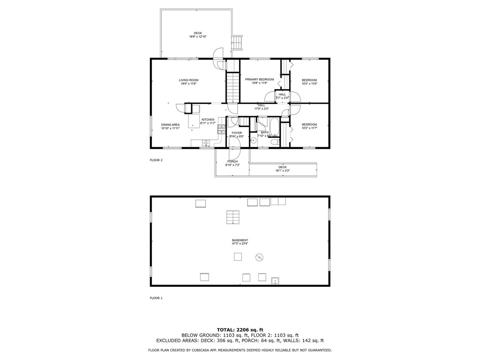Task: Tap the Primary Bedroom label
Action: coord(259,80)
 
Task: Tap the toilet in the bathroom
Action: coord(276,142)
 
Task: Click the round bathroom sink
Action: coord(254,140)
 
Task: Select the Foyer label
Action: coord(237,133)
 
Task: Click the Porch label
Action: coord(232,162)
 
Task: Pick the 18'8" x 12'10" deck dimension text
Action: coord(198,37)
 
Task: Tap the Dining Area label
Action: coord(170,125)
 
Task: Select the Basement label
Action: coord(240,240)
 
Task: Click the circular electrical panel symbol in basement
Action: coord(259,257)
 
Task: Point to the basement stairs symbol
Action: coord(233,217)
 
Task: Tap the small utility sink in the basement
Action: coord(275,281)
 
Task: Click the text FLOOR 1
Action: coord(156,298)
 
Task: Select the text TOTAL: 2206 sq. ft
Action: coord(240,330)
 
